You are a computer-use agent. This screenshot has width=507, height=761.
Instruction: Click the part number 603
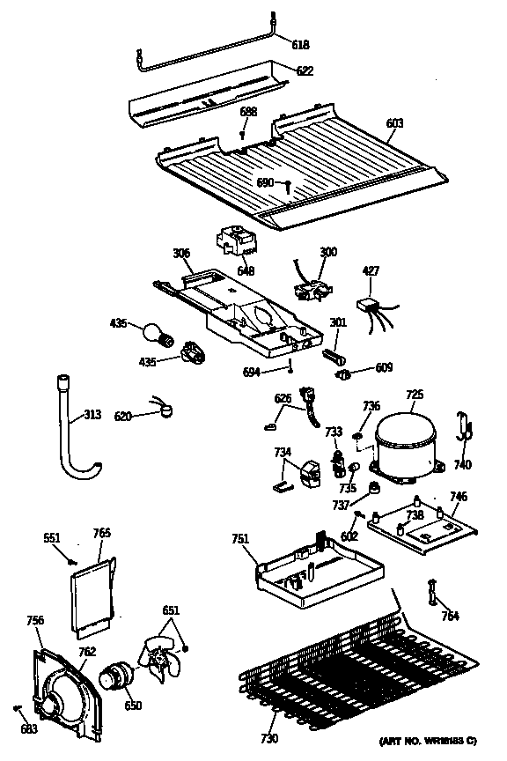coord(394,123)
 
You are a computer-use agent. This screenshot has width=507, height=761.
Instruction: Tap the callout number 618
coord(300,43)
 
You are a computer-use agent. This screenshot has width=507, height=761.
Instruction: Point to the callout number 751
coord(242,541)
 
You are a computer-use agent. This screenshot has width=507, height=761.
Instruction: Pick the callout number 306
coord(181,254)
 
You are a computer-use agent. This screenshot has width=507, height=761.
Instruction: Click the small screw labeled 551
coord(73,560)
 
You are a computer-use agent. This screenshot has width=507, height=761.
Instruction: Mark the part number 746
coord(459,498)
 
